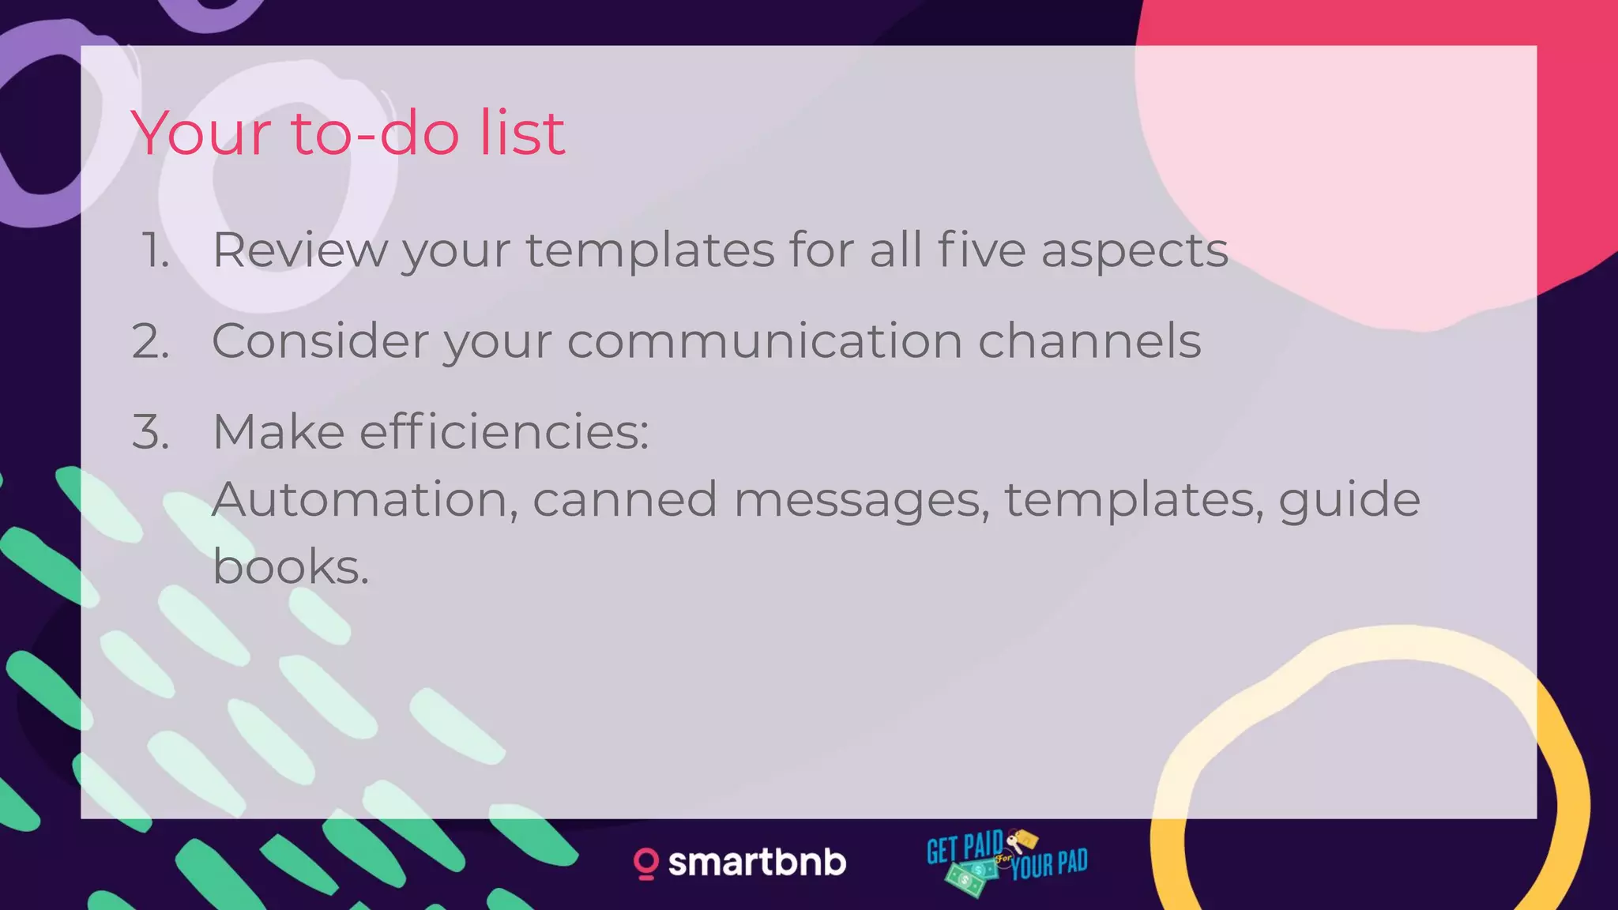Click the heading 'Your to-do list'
(x=348, y=133)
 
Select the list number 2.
(x=151, y=342)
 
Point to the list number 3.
(x=151, y=433)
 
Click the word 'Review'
(x=300, y=251)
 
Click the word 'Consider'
(x=319, y=341)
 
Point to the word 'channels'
(x=1089, y=341)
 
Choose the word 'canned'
(x=624, y=500)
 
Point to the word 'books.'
(x=291, y=567)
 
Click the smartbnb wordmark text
(x=757, y=863)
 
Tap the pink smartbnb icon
(x=645, y=863)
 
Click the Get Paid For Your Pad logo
(x=1007, y=862)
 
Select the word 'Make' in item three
(x=278, y=432)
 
